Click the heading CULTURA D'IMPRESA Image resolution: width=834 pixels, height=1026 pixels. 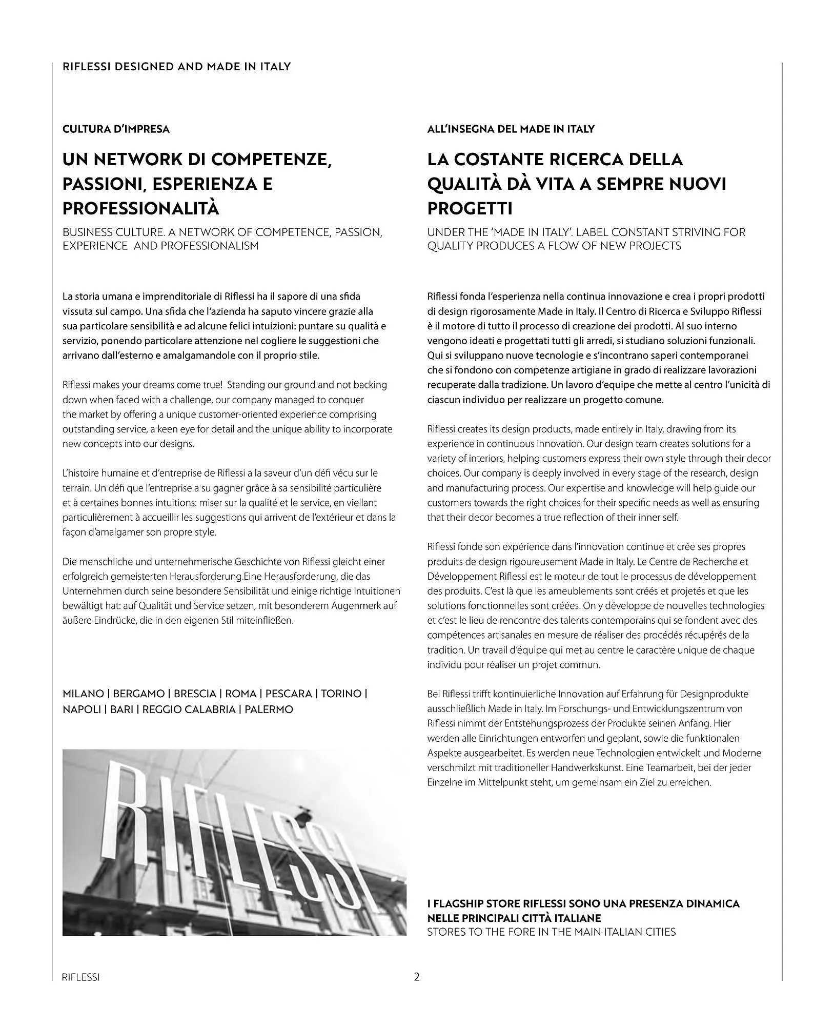(x=116, y=129)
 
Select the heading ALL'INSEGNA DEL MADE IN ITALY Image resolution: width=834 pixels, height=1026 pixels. (x=511, y=129)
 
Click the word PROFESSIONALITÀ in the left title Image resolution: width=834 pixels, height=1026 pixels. (x=140, y=208)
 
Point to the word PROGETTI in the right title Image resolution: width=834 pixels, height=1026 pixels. (x=470, y=208)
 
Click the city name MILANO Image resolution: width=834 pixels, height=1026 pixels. (x=83, y=694)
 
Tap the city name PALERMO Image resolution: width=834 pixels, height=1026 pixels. (x=269, y=709)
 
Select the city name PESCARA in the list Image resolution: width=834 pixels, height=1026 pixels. (x=289, y=694)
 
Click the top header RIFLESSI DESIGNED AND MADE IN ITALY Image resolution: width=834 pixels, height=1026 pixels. (x=176, y=67)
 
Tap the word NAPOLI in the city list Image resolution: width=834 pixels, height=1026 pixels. (x=82, y=709)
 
